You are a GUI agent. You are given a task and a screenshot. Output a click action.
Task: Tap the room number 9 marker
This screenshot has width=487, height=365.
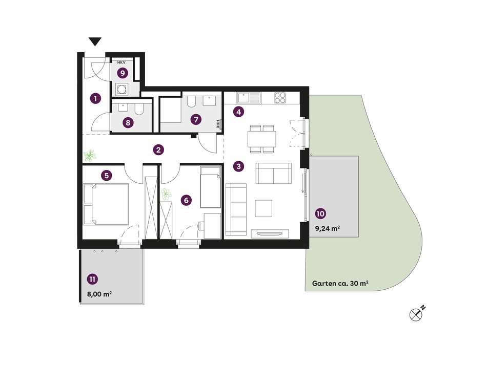(123, 73)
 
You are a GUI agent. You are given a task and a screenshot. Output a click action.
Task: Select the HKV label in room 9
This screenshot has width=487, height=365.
(121, 62)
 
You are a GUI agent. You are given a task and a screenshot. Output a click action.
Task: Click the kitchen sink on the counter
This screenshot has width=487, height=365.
(249, 98)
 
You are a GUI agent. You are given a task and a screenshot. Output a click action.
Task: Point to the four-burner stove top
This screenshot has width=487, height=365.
(280, 98)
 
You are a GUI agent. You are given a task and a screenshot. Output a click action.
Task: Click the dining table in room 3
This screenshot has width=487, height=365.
(262, 139)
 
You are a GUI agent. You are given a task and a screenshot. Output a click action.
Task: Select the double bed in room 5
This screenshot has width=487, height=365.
(106, 204)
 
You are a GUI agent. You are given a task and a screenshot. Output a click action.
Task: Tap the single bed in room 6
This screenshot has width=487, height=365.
(211, 187)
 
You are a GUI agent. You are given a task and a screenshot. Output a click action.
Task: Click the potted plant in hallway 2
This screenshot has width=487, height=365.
(90, 155)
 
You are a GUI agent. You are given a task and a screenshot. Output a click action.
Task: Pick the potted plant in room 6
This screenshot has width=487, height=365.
(166, 195)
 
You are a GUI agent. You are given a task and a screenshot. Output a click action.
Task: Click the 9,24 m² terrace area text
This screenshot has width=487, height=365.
(328, 228)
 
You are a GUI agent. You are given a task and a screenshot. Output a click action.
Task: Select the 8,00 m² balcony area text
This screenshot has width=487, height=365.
(99, 294)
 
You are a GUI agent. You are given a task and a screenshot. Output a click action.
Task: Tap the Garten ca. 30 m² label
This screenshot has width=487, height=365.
(340, 284)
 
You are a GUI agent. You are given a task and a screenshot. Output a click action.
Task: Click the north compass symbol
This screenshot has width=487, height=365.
(416, 314)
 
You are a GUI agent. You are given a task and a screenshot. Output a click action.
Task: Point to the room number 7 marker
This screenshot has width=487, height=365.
(196, 119)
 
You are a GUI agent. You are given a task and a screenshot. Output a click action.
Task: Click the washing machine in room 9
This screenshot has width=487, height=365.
(121, 90)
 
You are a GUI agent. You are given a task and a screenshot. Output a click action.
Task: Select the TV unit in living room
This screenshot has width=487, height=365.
(270, 234)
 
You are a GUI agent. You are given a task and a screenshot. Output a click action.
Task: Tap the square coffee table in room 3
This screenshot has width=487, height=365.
(263, 208)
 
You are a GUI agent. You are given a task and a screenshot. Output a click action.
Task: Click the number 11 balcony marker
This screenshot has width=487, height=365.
(92, 279)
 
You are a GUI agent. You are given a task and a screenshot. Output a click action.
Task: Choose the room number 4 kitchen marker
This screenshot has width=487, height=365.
(238, 112)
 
